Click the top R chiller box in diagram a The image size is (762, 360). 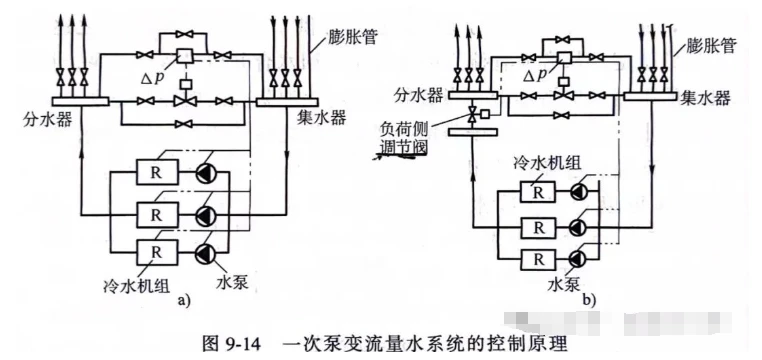(x=157, y=172)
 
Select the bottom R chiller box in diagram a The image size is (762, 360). (x=157, y=253)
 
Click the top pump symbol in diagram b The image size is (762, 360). (x=579, y=192)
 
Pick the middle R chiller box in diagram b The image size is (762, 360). (x=538, y=226)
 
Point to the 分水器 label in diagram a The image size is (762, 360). (x=47, y=119)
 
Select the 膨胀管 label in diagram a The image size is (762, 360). (x=352, y=37)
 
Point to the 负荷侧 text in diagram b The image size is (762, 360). (x=404, y=131)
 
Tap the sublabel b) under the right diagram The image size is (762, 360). (x=589, y=301)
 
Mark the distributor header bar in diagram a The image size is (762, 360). (x=80, y=102)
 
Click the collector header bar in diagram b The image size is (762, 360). (x=650, y=96)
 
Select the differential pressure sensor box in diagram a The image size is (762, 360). (x=185, y=56)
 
